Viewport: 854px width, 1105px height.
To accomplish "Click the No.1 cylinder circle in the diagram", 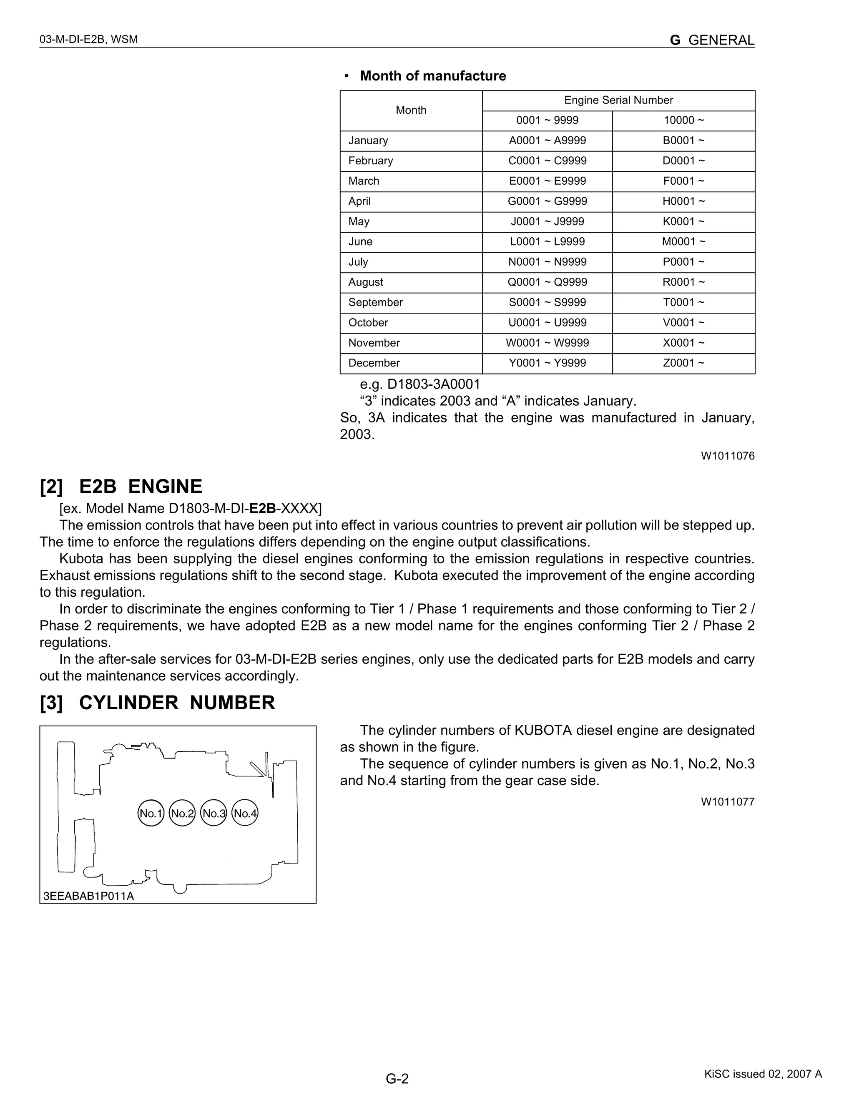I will (x=151, y=814).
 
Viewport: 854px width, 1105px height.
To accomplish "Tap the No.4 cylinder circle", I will (x=245, y=814).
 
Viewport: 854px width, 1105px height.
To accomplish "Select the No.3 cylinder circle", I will (x=213, y=814).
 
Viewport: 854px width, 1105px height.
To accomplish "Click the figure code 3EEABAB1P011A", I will (x=88, y=896).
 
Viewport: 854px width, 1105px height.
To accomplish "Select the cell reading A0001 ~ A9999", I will (x=547, y=141).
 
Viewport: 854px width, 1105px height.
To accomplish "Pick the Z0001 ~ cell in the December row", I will (x=683, y=363).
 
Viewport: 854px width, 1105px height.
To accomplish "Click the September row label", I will (x=375, y=303).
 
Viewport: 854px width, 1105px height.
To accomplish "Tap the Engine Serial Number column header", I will (x=618, y=100).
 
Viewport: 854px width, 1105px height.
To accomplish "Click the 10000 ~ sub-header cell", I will (x=683, y=121).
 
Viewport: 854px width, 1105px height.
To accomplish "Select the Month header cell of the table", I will (x=411, y=110).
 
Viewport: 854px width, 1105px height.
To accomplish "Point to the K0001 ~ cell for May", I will (x=683, y=221).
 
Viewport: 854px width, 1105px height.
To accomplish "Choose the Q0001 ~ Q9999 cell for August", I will (x=547, y=282).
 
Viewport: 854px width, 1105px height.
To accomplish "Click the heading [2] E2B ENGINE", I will (x=121, y=486).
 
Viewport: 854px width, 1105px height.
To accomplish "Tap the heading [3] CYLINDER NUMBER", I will (x=157, y=703).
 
